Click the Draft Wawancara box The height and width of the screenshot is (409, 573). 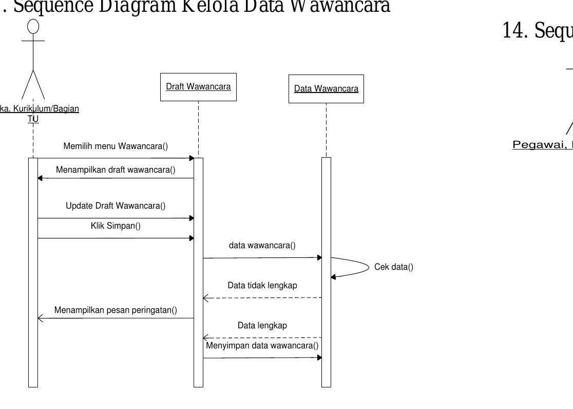point(198,87)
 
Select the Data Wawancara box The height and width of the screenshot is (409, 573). point(326,89)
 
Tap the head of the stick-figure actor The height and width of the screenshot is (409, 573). point(33,26)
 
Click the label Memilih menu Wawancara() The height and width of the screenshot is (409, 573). point(116,146)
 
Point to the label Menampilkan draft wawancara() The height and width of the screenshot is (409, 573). point(116,170)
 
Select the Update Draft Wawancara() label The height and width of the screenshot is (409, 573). point(116,206)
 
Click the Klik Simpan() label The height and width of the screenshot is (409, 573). point(116,226)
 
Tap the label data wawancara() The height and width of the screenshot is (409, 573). point(262,246)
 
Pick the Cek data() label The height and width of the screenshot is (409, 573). point(394,267)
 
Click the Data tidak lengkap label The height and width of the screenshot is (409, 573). point(262,286)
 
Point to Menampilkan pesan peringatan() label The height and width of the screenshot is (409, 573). point(116,310)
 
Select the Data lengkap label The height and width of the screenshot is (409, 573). point(262,326)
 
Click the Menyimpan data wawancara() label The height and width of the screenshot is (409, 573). point(262,346)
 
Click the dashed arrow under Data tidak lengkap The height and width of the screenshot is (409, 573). point(262,298)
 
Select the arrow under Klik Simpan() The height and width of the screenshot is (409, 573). point(116,238)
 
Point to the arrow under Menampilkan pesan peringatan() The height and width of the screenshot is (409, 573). point(116,319)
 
